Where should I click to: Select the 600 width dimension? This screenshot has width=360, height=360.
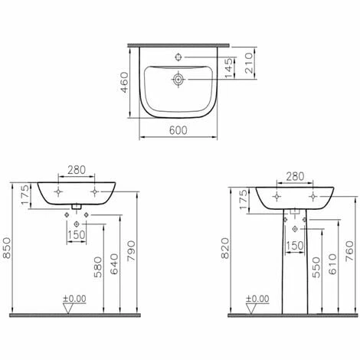coord(178,131)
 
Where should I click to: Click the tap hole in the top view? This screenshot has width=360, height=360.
coord(178,57)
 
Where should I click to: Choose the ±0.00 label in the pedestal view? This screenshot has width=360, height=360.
coord(257,299)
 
